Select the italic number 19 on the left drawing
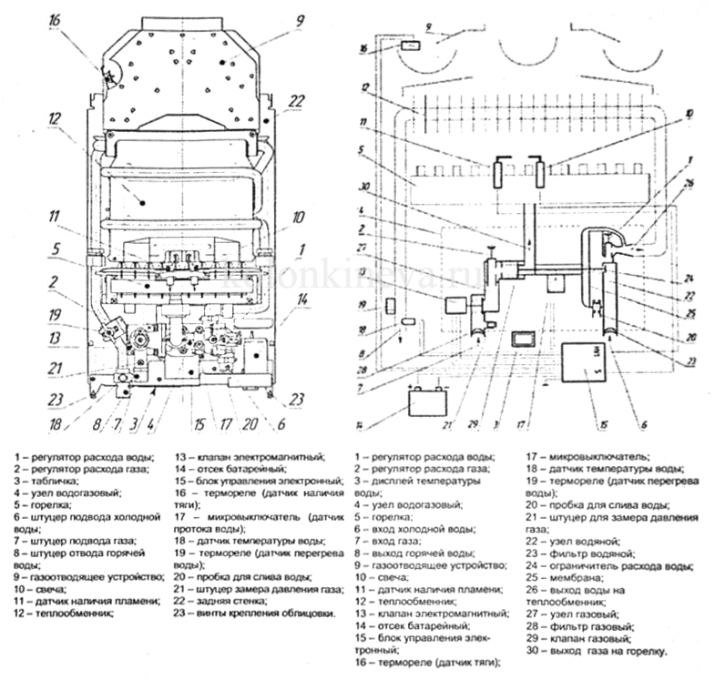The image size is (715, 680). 55,317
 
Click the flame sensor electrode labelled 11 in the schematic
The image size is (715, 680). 498,172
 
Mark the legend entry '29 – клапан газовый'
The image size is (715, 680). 580,639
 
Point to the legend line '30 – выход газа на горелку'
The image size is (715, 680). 598,652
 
